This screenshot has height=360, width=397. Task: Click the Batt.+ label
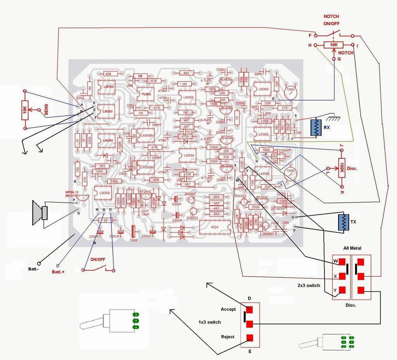coord(58,272)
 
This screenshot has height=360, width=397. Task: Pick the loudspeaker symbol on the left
coord(40,213)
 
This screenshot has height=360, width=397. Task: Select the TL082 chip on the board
coord(145,94)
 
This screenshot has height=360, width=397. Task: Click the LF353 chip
coord(262,134)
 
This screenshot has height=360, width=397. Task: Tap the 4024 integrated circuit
coord(214,227)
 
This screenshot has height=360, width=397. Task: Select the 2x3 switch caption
coord(309,286)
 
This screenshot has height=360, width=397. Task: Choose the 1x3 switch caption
coord(210,322)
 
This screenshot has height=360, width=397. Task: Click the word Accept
coord(228,309)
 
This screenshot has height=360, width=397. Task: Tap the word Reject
coord(228,337)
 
